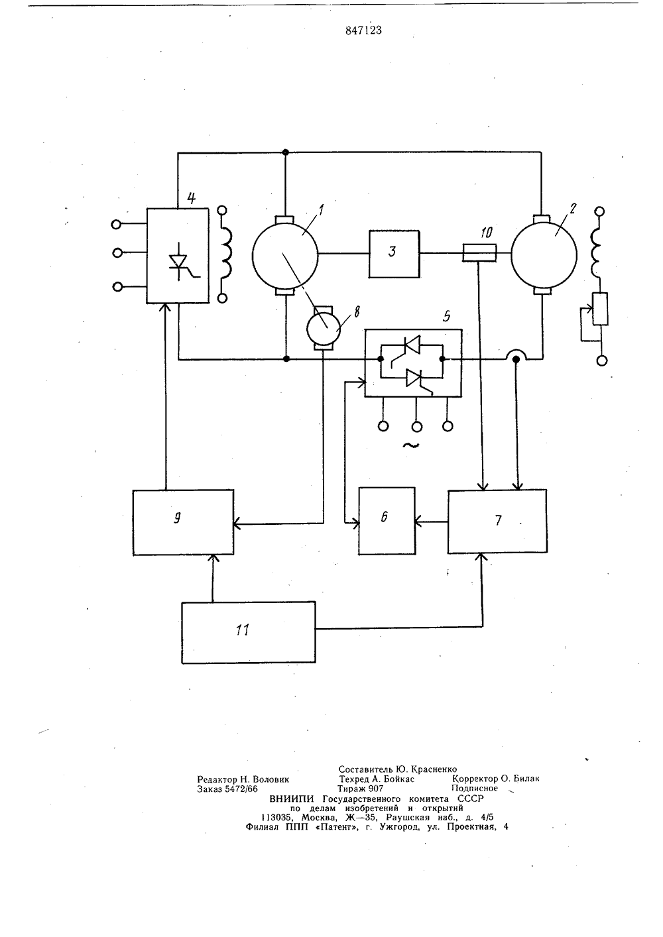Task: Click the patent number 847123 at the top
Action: pyautogui.click(x=363, y=30)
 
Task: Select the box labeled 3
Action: pyautogui.click(x=394, y=254)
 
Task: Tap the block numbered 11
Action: pyautogui.click(x=248, y=632)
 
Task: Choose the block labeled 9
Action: pyautogui.click(x=183, y=522)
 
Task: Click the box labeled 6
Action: pyautogui.click(x=387, y=521)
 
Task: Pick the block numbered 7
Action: pyautogui.click(x=497, y=522)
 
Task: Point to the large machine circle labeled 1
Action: pyautogui.click(x=285, y=255)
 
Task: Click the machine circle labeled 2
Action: pyautogui.click(x=544, y=255)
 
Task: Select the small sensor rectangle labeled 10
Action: pyautogui.click(x=479, y=252)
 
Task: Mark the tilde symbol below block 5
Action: pyautogui.click(x=410, y=445)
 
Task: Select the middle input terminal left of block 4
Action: pyautogui.click(x=117, y=252)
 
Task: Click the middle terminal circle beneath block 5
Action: pyautogui.click(x=416, y=427)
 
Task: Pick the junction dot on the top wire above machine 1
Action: pyautogui.click(x=286, y=152)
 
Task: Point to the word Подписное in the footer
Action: pyautogui.click(x=475, y=789)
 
